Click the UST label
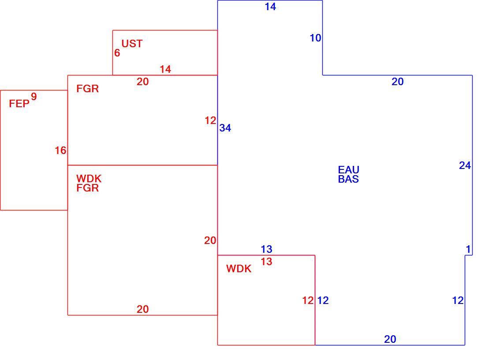(x=132, y=44)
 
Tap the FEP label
(x=19, y=104)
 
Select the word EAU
(x=349, y=169)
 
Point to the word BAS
(x=349, y=179)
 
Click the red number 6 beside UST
(x=117, y=53)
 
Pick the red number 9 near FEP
(x=34, y=97)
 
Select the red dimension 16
(x=61, y=150)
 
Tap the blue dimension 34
(x=225, y=128)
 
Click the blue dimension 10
(x=316, y=38)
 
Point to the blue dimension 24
(x=465, y=165)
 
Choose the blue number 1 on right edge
(x=468, y=249)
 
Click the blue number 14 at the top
(x=270, y=7)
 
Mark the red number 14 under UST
(x=165, y=69)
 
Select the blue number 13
(x=266, y=249)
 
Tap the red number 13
(x=266, y=262)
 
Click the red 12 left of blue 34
(x=210, y=120)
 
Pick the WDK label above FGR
(x=89, y=179)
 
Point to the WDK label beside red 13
(x=239, y=269)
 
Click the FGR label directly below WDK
(x=88, y=188)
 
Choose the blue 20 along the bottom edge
(x=390, y=339)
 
